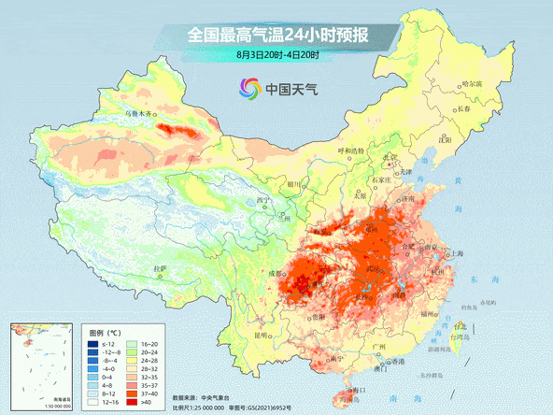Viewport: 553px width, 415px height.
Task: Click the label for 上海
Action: coord(458,253)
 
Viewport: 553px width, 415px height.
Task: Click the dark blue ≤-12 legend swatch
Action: coord(92,343)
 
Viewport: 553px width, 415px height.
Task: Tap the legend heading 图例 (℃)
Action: coord(105,332)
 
